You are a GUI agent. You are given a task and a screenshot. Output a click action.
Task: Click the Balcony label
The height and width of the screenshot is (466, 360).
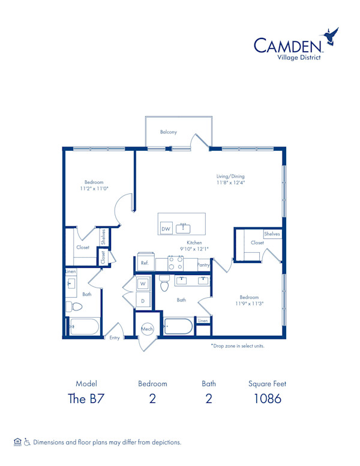[169, 132]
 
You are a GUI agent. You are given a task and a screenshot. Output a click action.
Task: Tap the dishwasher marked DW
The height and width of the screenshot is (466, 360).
[166, 228]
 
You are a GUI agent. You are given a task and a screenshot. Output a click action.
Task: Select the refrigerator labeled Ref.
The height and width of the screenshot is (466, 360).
[145, 262]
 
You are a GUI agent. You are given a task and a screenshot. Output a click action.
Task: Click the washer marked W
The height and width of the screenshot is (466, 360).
[143, 283]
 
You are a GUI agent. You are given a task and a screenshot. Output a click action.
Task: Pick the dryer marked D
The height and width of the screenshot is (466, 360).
[143, 300]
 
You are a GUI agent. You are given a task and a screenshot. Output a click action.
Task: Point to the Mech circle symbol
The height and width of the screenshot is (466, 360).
[147, 329]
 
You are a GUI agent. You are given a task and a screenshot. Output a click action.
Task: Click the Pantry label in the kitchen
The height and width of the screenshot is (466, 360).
[203, 264]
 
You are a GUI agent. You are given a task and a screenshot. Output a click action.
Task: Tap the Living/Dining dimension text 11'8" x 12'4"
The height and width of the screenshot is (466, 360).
[230, 183]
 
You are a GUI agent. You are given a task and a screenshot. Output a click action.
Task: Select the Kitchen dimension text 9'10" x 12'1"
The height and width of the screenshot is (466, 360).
[194, 249]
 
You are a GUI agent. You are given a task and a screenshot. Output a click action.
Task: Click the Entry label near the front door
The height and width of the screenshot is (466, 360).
[115, 337]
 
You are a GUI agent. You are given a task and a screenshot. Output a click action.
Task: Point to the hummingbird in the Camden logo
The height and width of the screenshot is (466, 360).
[330, 36]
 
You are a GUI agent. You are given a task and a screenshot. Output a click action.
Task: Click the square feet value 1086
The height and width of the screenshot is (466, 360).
[268, 399]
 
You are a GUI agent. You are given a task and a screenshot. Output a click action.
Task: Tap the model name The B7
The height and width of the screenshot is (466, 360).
[86, 399]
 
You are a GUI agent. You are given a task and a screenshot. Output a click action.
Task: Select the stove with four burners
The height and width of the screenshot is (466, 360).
[175, 263]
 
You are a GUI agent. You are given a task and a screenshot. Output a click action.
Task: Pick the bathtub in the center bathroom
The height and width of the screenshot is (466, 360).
[178, 327]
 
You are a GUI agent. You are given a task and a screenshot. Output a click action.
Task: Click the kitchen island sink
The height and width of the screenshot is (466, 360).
[183, 228]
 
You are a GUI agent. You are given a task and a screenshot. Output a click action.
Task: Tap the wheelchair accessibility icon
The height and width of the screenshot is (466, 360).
[27, 442]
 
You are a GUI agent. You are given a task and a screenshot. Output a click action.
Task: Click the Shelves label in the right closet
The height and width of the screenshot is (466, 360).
[272, 234]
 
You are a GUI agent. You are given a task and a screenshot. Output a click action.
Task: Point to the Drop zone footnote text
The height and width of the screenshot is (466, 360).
[238, 346]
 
